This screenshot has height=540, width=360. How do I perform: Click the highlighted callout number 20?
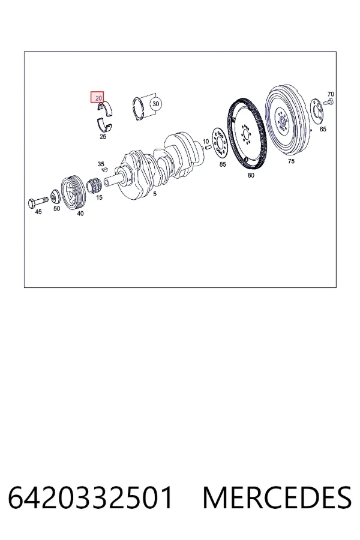[x=97, y=97]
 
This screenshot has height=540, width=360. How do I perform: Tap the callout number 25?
[x=103, y=136]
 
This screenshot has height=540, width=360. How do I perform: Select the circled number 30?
[x=156, y=104]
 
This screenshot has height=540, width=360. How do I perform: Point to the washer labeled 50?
[x=55, y=197]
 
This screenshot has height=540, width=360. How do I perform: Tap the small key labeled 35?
[x=105, y=169]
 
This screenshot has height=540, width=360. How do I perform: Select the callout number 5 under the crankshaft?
[x=155, y=194]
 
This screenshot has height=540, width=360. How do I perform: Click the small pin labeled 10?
[x=208, y=148]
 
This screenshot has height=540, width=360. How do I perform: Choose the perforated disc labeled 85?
[x=220, y=143]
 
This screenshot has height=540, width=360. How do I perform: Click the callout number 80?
[x=251, y=175]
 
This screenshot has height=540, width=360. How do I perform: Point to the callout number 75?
[x=291, y=161]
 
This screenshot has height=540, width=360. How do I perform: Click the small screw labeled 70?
[x=328, y=101]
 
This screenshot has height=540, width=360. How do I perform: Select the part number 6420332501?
[x=90, y=497]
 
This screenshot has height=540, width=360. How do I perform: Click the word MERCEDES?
[x=277, y=497]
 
